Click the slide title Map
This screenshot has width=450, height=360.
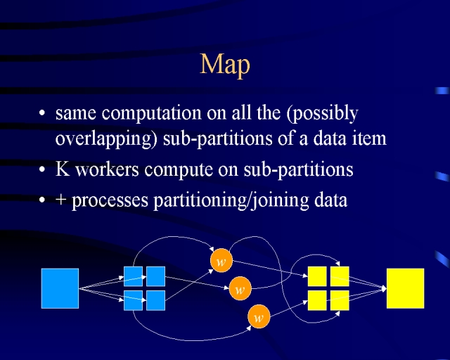tap(225, 65)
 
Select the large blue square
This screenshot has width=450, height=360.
tap(60, 288)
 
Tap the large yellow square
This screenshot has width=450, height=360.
tap(405, 288)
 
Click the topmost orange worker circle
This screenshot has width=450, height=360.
tap(221, 261)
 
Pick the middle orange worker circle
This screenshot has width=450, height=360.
tap(240, 288)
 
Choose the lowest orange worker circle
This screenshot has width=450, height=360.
tap(259, 316)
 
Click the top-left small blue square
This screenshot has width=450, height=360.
tap(133, 276)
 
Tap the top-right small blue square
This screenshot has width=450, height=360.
tap(155, 276)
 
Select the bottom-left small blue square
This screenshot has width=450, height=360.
tap(133, 300)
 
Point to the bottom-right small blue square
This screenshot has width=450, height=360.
tap(155, 300)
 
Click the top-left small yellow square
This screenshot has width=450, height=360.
tap(317, 276)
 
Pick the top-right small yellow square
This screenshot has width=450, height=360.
tap(340, 276)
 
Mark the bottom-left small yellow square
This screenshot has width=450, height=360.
tap(317, 300)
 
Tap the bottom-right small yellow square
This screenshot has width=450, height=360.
tap(340, 300)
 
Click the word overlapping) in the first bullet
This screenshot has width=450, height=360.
tap(106, 139)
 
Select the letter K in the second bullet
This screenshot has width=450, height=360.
tap(63, 169)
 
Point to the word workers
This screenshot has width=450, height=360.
tap(108, 169)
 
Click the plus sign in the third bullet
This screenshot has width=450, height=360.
tap(61, 199)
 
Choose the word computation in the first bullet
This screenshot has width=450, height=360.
tap(152, 113)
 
